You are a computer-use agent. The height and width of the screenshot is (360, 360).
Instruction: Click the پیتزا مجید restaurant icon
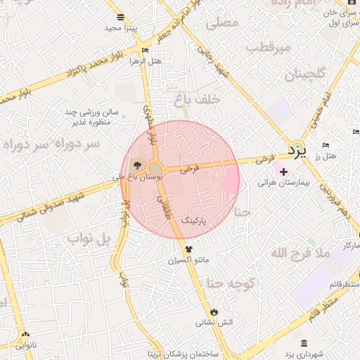pyautogui.click(x=120, y=17)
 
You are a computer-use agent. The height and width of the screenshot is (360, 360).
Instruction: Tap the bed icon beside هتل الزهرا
pyautogui.click(x=146, y=51)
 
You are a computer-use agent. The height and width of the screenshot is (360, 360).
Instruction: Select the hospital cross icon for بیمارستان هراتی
pyautogui.click(x=283, y=172)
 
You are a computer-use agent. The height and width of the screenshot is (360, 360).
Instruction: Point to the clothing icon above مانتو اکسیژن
pyautogui.click(x=188, y=249)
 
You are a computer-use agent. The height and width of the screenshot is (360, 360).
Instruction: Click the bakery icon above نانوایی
pyautogui.click(x=26, y=335)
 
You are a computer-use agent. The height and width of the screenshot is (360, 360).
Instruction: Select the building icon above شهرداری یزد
pyautogui.click(x=303, y=342)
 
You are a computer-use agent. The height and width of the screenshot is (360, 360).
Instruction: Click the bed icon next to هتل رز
pyautogui.click(x=325, y=146)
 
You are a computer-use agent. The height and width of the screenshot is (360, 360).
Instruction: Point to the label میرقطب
pyautogui.click(x=274, y=48)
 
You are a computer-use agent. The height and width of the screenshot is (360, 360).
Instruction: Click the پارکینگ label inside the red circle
pyautogui.click(x=195, y=220)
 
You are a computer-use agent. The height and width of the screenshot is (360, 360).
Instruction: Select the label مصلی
pyautogui.click(x=223, y=23)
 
